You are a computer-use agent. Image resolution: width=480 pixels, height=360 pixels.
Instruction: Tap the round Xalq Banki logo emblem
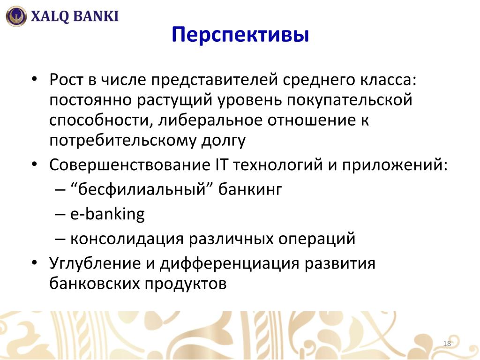pyautogui.click(x=16, y=16)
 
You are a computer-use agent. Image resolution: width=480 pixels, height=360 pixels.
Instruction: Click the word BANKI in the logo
pyautogui.click(x=96, y=16)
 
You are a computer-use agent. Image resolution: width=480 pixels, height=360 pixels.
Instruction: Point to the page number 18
pyautogui.click(x=447, y=343)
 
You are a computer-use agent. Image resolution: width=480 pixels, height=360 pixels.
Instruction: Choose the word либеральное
pyautogui.click(x=210, y=120)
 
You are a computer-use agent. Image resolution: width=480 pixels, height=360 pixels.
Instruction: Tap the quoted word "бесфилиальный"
pyautogui.click(x=142, y=189)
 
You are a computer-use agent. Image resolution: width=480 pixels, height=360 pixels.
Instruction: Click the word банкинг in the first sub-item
pyautogui.click(x=250, y=190)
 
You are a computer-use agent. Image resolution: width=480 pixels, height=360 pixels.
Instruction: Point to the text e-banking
pyautogui.click(x=107, y=214)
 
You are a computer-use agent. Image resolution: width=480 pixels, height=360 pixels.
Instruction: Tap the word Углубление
pyautogui.click(x=95, y=264)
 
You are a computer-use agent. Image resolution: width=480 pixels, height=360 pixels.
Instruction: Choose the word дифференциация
pyautogui.click(x=229, y=264)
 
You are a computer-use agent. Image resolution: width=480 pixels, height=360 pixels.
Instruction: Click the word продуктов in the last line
pyautogui.click(x=186, y=284)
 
